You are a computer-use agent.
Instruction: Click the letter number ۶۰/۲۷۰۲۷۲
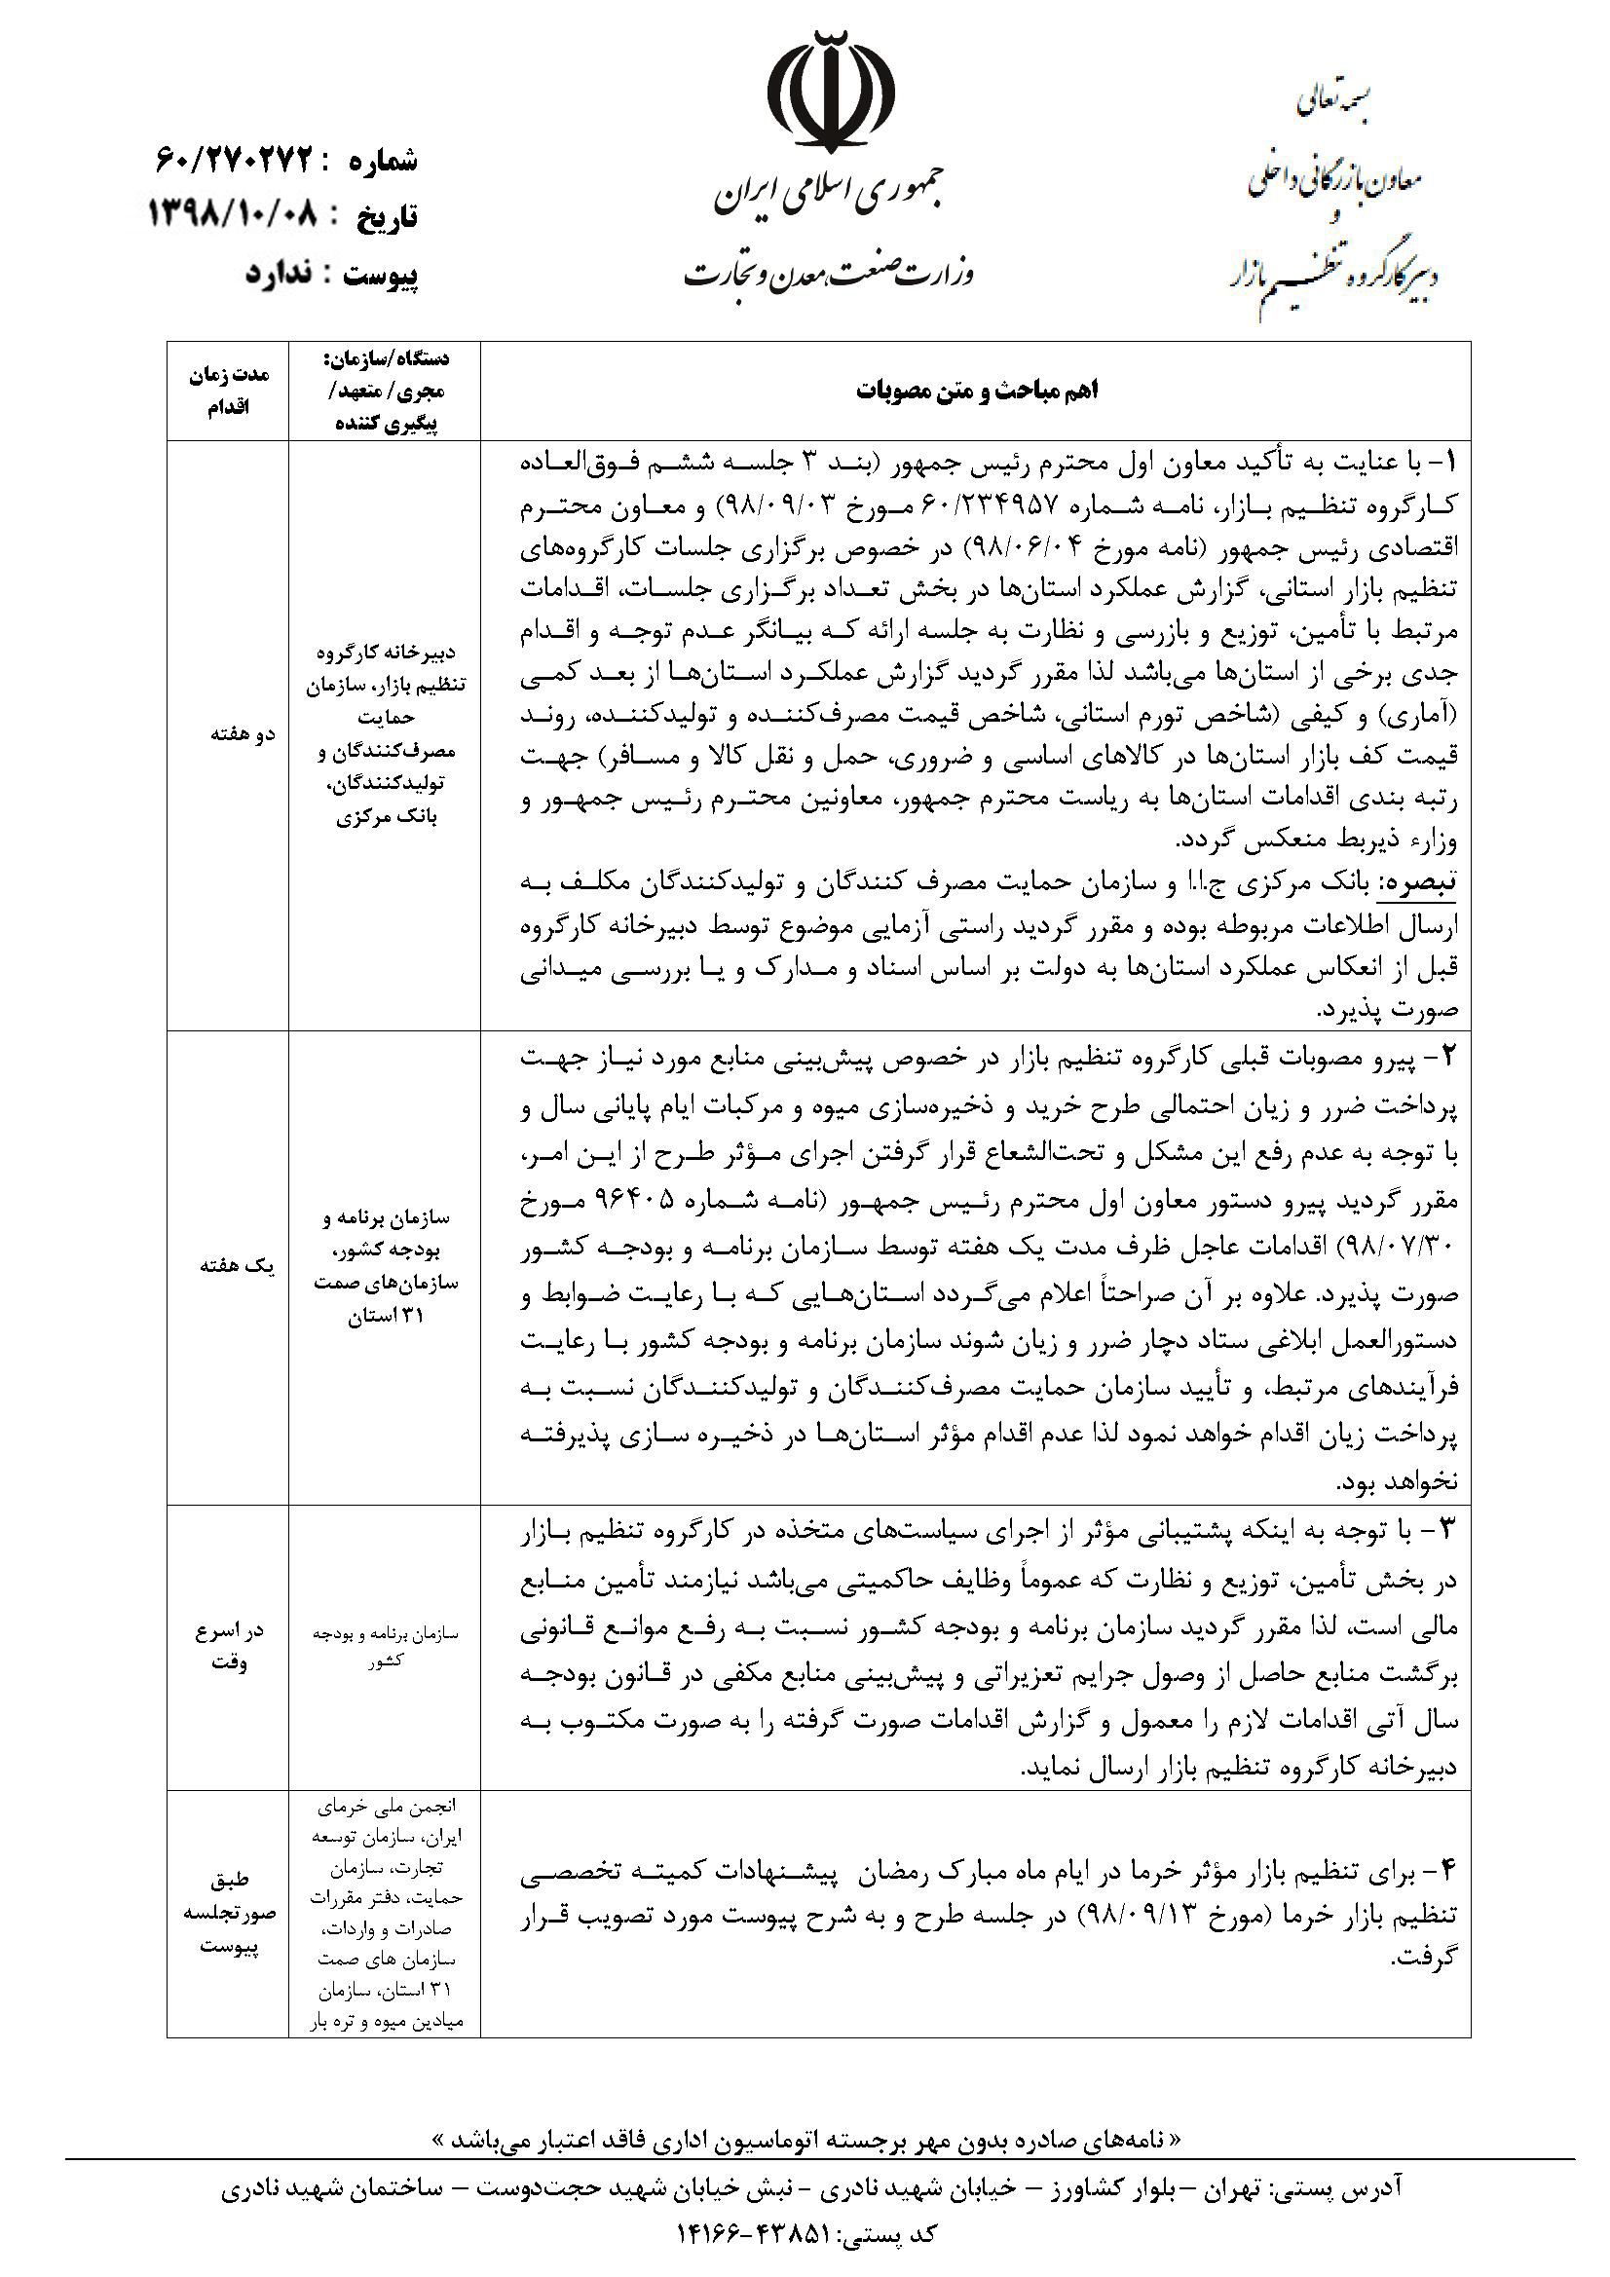tap(234, 158)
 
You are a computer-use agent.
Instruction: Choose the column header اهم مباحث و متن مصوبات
tap(976, 391)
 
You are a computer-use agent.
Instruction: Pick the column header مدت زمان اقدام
tap(228, 391)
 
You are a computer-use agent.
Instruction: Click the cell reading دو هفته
tap(228, 734)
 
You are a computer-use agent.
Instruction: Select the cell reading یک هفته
tap(228, 1266)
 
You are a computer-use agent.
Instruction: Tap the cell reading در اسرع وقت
tap(228, 1646)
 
